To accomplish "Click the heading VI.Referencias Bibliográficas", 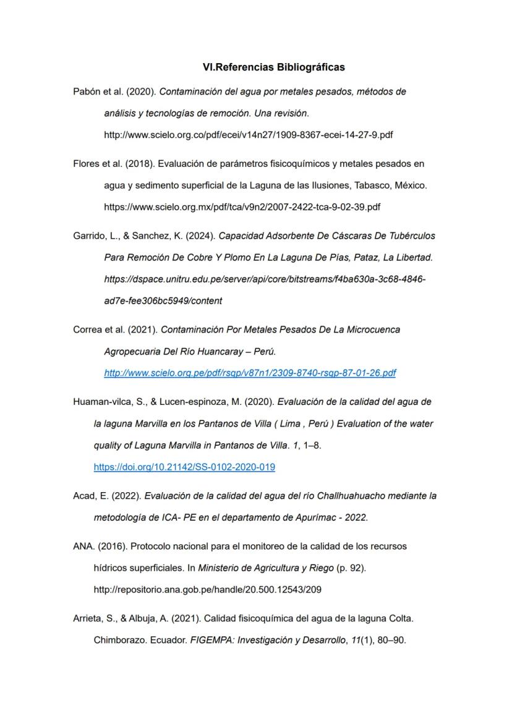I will [x=274, y=66].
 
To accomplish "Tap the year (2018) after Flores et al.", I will [x=129, y=164].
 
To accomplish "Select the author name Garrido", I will [x=87, y=236].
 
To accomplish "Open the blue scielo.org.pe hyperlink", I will [x=250, y=373].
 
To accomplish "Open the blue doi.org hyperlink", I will [x=184, y=467].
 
